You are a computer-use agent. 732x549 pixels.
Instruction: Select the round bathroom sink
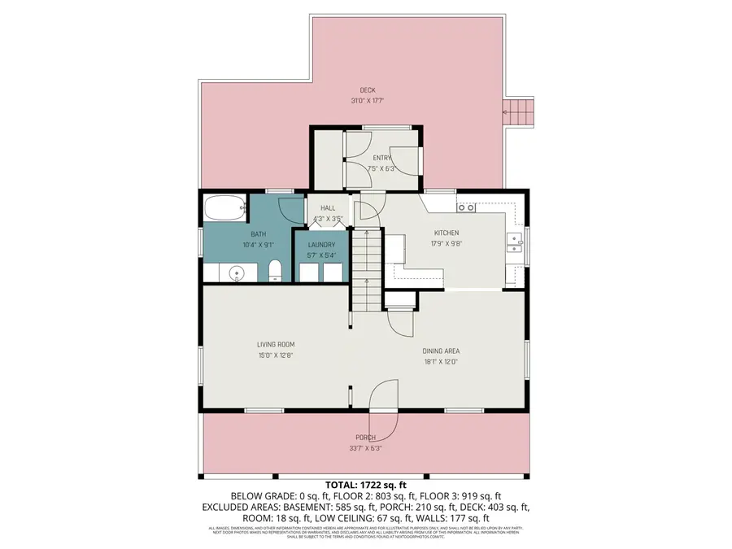(237, 272)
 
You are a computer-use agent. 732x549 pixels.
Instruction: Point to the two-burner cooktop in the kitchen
(467, 208)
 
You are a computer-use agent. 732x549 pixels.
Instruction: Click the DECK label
(368, 90)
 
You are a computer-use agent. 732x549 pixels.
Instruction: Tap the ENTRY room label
(381, 158)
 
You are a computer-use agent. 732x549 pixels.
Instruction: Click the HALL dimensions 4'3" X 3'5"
(328, 218)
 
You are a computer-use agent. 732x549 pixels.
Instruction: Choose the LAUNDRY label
(321, 245)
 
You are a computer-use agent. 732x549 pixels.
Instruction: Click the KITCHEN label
(447, 232)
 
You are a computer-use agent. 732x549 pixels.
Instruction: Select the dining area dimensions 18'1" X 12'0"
(441, 362)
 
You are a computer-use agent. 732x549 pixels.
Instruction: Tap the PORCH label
(365, 437)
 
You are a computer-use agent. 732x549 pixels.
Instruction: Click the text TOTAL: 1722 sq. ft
(365, 484)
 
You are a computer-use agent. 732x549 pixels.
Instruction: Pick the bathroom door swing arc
(289, 205)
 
